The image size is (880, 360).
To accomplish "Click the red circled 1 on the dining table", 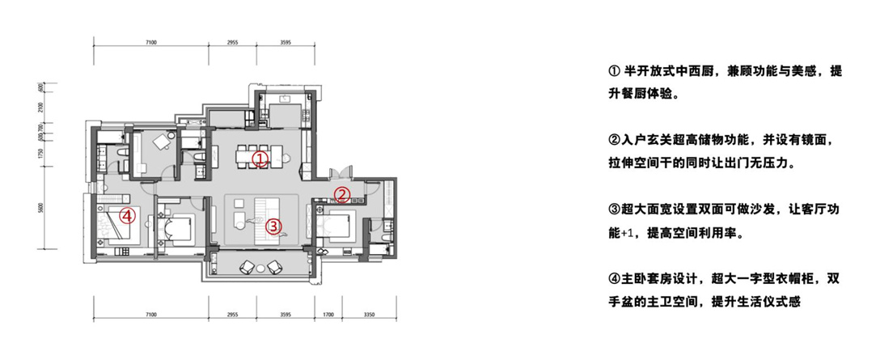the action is pyautogui.click(x=260, y=159).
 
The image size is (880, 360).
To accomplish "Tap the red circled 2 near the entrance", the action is pyautogui.click(x=342, y=195).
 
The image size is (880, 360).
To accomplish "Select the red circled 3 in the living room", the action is pyautogui.click(x=273, y=227).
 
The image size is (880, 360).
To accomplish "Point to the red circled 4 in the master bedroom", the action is pyautogui.click(x=128, y=216).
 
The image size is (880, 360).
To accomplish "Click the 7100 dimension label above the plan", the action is pyautogui.click(x=150, y=42).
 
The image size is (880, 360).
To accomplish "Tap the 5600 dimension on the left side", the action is pyautogui.click(x=41, y=209).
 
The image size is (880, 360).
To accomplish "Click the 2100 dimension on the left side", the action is pyautogui.click(x=41, y=107).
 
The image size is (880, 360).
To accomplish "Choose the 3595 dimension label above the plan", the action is pyautogui.click(x=285, y=42).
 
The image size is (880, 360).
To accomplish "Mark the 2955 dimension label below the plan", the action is pyautogui.click(x=233, y=315).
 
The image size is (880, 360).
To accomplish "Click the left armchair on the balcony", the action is pyautogui.click(x=247, y=267).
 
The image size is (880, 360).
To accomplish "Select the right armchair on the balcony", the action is pyautogui.click(x=274, y=267).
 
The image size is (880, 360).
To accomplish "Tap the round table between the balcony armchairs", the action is pyautogui.click(x=260, y=269).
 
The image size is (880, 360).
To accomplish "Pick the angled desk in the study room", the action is pyautogui.click(x=163, y=141).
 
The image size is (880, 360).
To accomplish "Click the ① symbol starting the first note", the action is pyautogui.click(x=613, y=72).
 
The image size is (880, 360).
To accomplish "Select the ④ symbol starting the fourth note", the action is pyautogui.click(x=613, y=279).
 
